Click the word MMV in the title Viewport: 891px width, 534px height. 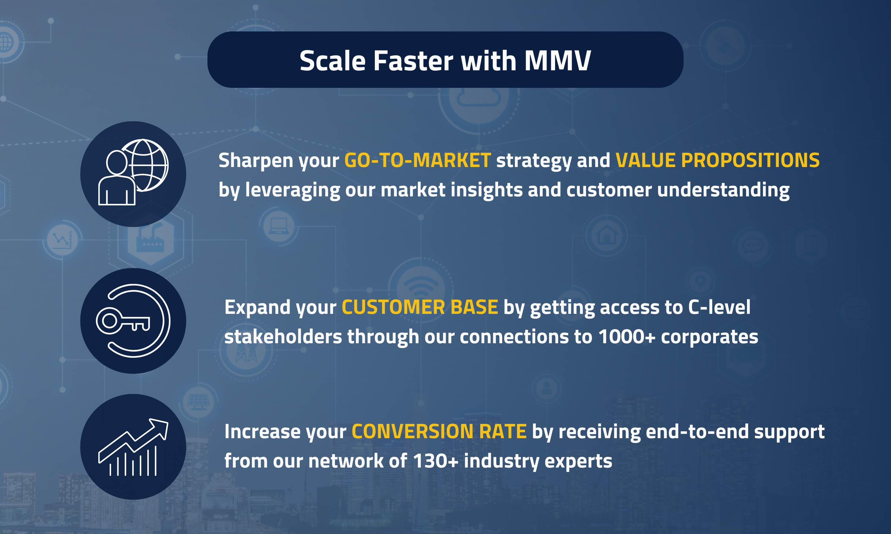coord(557,61)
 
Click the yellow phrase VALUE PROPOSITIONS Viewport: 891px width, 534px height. coord(718,160)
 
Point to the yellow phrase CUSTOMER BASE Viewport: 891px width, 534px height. coord(420,307)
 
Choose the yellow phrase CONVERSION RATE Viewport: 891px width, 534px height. coord(439,431)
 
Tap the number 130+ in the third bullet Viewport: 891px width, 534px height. coord(436,461)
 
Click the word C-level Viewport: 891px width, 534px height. coord(719,307)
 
